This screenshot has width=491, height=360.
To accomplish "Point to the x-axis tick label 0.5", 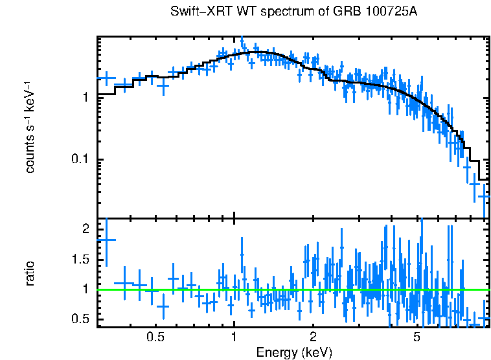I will (154, 337).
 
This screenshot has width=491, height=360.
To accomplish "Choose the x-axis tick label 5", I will (417, 337).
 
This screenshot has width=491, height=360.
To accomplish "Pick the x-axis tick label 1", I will (234, 337).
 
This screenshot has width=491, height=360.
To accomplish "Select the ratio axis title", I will (29, 273).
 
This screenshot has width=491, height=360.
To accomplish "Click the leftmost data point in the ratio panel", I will (106, 240).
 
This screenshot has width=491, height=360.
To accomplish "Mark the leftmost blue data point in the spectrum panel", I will (106, 78).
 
